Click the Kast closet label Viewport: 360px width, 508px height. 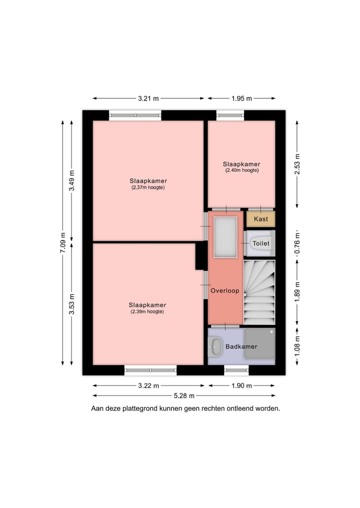pyautogui.click(x=260, y=219)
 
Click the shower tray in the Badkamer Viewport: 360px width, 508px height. pyautogui.click(x=259, y=343)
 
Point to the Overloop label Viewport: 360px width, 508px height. pyautogui.click(x=225, y=290)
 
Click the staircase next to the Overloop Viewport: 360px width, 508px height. pyautogui.click(x=259, y=292)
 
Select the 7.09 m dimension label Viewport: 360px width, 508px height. pyautogui.click(x=63, y=243)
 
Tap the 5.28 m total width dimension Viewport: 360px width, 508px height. pyautogui.click(x=184, y=396)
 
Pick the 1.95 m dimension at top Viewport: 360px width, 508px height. pyautogui.click(x=241, y=98)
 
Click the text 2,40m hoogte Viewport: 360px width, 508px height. pyautogui.click(x=241, y=170)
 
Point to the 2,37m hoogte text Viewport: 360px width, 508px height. pyautogui.click(x=148, y=188)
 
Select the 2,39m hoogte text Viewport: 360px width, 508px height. pyautogui.click(x=147, y=312)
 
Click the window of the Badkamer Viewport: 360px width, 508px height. pyautogui.click(x=236, y=370)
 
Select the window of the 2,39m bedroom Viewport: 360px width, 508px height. pyautogui.click(x=150, y=370)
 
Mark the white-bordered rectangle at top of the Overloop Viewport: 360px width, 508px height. pyautogui.click(x=225, y=237)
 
